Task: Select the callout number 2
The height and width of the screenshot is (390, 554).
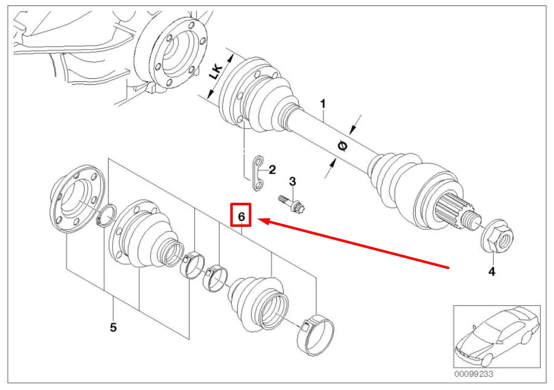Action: pos(272,170)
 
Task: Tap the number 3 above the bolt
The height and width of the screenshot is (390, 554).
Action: pos(292,181)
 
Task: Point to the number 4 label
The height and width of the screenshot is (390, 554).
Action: pos(492,272)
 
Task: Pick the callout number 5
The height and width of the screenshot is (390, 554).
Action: pos(113,327)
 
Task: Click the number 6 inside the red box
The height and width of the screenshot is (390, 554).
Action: pos(241,216)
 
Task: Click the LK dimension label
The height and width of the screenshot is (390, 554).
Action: pos(215,74)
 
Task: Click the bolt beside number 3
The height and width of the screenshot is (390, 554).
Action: pos(292,202)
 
